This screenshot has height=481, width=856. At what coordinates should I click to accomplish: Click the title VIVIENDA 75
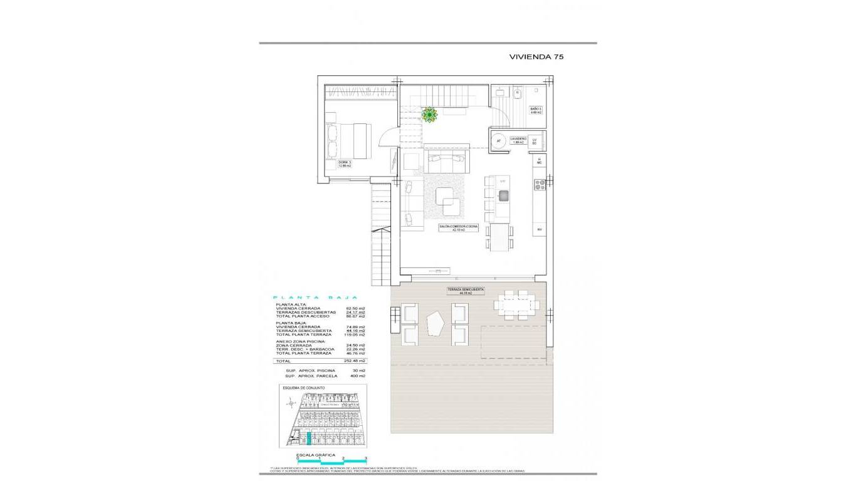pos(536,56)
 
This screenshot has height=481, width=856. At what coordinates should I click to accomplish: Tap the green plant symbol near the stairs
pos(429,115)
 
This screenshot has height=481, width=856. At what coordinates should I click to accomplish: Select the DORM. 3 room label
pos(345,164)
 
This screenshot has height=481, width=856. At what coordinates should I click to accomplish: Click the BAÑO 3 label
pos(536,111)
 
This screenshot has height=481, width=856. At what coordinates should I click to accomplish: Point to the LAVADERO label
pos(518,140)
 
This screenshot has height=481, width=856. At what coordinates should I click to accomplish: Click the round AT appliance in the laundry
pos(499,142)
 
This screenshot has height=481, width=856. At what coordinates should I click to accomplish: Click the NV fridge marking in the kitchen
pos(538,230)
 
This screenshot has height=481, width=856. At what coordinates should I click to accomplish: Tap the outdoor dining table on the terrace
pos(516,305)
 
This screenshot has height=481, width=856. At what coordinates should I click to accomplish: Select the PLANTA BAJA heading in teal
pos(316,297)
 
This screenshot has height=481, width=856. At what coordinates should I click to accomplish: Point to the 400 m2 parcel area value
pos(358,376)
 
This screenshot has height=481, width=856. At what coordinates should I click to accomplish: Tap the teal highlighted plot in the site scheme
pos(308,438)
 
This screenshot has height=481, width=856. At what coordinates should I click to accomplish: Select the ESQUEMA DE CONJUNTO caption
pos(304,388)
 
